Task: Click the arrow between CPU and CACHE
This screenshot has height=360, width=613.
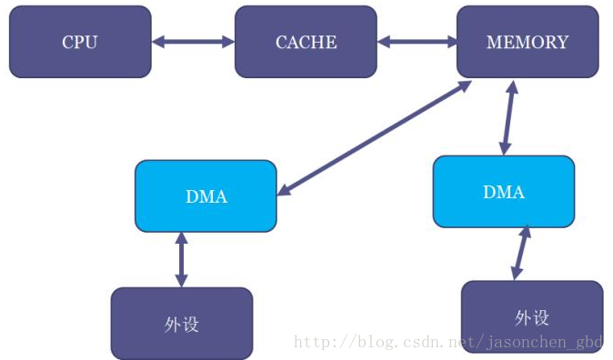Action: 193,41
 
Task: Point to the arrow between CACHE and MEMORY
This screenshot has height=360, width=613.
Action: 417,41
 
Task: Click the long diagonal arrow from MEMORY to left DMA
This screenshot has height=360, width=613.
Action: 374,136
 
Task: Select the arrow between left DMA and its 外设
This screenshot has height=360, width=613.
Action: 181,259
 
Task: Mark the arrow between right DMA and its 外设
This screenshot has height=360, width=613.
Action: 521,254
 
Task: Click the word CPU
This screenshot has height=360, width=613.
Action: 80,42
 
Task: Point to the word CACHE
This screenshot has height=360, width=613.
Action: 306,42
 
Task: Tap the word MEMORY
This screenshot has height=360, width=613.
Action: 528,42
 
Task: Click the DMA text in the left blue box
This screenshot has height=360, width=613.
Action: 206,195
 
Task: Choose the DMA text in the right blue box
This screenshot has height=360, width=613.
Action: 503,192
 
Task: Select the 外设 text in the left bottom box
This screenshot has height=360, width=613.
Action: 182,324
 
